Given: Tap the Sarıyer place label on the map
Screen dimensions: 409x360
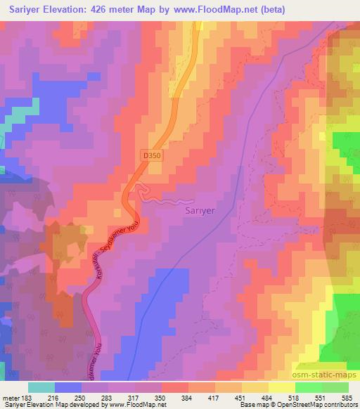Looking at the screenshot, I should click(200, 209).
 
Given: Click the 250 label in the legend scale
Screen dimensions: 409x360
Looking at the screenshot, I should click(80, 397).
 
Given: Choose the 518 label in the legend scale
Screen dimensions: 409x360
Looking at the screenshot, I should click(295, 397).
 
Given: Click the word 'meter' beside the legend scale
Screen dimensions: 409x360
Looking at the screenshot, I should click(9, 397).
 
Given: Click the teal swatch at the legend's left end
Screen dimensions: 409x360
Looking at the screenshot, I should click(40, 387).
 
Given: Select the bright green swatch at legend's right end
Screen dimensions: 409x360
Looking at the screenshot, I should click(335, 387).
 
